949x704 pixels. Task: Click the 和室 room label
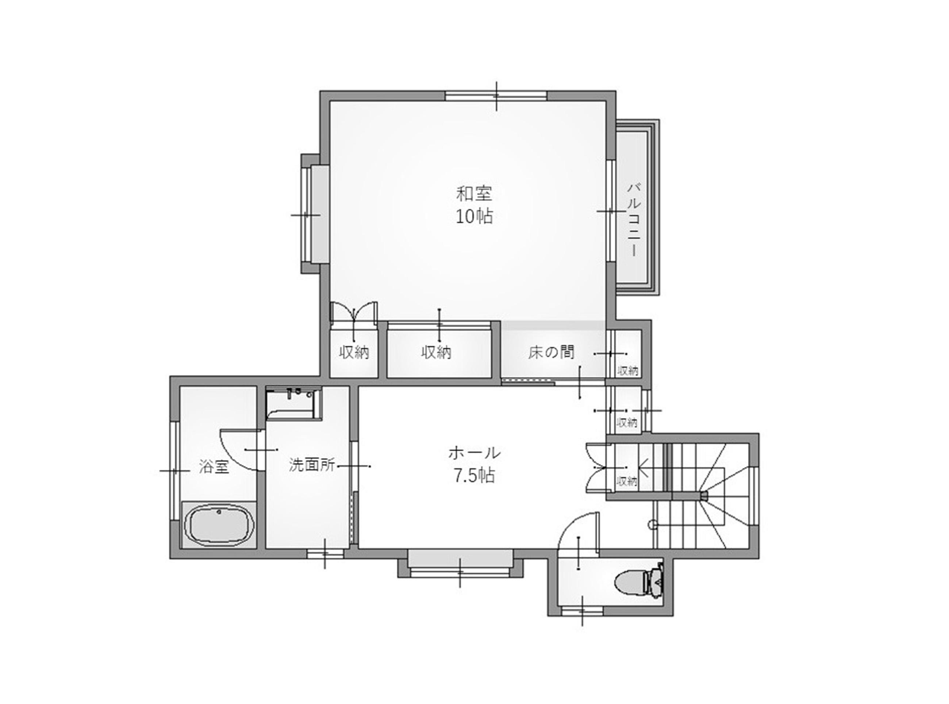(474, 194)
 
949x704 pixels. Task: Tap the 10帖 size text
(474, 217)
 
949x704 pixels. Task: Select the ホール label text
(474, 453)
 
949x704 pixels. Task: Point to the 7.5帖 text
(474, 476)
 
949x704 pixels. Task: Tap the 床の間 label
(551, 352)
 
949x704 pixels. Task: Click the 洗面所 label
(312, 464)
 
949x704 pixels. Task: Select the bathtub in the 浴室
(219, 525)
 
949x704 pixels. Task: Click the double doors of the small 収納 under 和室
(354, 313)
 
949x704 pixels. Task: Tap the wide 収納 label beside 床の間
(436, 352)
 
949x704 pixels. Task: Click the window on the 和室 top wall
(496, 96)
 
